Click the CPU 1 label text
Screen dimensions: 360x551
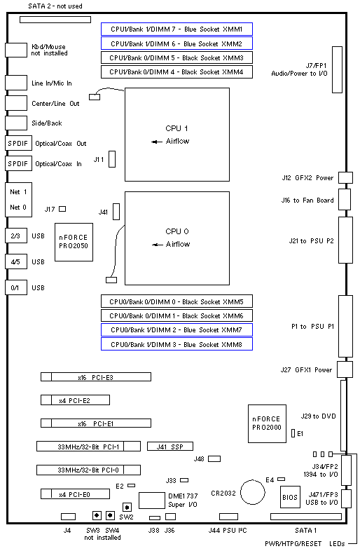(x=176, y=128)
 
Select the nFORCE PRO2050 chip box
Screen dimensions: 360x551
(x=74, y=242)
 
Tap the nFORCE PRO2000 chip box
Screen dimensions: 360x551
(x=267, y=423)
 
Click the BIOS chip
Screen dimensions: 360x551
(x=290, y=497)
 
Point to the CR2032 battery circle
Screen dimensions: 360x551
(x=253, y=492)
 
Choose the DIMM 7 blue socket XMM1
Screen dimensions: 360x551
(x=176, y=29)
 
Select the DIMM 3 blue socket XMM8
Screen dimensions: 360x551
(x=176, y=344)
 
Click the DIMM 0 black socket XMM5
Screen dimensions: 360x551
(x=176, y=301)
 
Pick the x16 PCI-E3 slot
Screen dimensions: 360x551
(x=96, y=377)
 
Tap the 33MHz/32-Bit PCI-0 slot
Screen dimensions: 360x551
(x=88, y=470)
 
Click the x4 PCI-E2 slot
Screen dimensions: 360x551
(x=75, y=400)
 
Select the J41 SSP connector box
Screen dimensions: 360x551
(x=170, y=447)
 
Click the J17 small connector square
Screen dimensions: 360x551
(x=62, y=209)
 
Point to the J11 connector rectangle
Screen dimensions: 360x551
(x=112, y=159)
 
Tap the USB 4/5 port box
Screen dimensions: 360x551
(x=16, y=261)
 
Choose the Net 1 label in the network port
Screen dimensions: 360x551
(x=18, y=192)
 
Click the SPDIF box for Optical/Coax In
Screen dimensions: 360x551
(x=18, y=164)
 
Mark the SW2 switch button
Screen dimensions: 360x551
(x=127, y=507)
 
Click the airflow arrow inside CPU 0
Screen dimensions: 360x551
(x=158, y=245)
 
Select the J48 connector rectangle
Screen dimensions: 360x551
(x=214, y=458)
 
